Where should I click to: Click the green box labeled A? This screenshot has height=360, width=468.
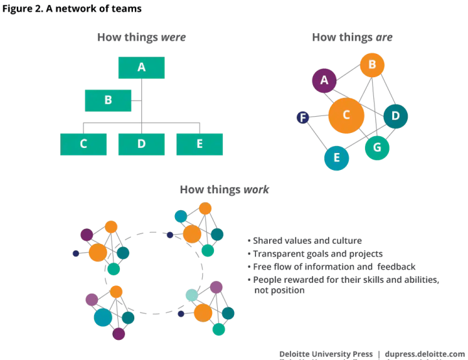[141, 67]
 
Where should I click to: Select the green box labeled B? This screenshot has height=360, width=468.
[108, 101]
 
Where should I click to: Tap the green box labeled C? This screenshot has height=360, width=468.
[83, 144]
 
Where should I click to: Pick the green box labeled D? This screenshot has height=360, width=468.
[141, 144]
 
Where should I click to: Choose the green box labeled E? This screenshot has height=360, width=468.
[199, 144]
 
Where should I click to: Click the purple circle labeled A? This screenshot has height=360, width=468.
[324, 81]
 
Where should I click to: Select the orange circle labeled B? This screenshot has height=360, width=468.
[372, 65]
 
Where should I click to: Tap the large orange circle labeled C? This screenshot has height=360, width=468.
[346, 115]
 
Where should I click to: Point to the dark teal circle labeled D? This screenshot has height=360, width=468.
[395, 117]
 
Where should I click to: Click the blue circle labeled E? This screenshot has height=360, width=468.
[336, 158]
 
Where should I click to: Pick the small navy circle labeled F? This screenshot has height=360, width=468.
[302, 117]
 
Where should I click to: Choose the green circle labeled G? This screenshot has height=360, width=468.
[377, 148]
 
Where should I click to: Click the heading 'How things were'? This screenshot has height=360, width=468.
[141, 37]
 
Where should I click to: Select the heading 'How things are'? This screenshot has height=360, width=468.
[352, 37]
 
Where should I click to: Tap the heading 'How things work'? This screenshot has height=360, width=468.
[224, 189]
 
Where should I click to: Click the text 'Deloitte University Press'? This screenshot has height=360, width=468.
[326, 354]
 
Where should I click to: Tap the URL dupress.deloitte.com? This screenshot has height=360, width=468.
[425, 354]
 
